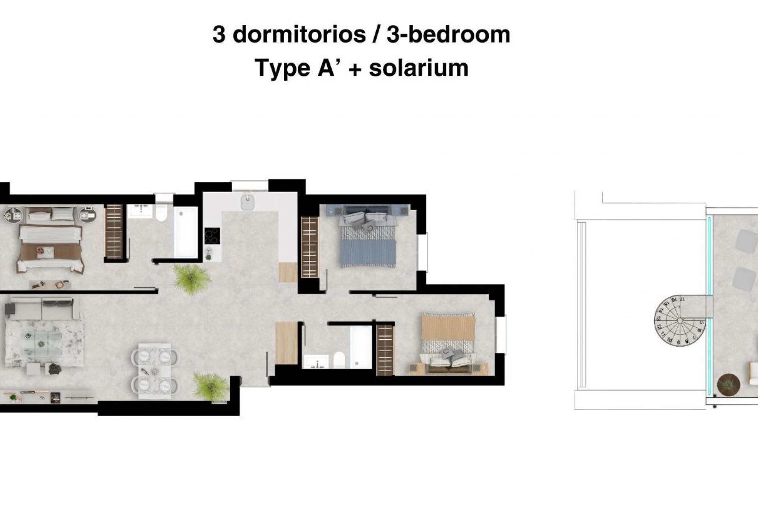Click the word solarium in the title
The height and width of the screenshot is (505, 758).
(x=418, y=68)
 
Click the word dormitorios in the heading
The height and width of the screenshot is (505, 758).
(x=299, y=35)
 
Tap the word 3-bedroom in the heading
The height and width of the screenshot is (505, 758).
(x=448, y=35)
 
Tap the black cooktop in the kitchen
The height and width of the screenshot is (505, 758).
(x=212, y=236)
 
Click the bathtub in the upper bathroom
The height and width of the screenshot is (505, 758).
(x=186, y=232)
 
